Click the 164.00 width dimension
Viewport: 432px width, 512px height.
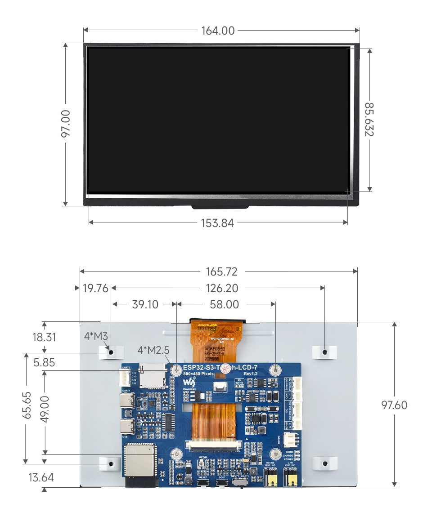point(218,31)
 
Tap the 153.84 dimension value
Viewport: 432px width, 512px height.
point(217,223)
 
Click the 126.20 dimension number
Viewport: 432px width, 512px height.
point(222,288)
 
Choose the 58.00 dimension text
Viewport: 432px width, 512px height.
point(225,304)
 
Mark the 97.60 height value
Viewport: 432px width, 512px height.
point(394,405)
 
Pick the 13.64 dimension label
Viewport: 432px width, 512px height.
point(41,477)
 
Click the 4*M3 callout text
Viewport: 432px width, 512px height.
point(95,336)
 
